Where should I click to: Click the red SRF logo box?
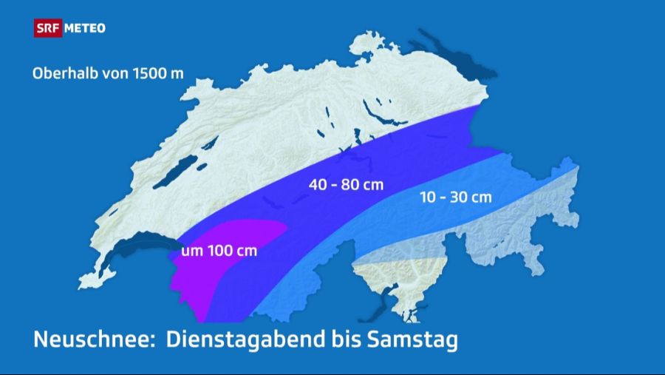(x=47, y=28)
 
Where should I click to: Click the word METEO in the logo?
(x=85, y=28)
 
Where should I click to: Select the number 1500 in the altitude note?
(x=151, y=74)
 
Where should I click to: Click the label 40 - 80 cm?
(x=346, y=184)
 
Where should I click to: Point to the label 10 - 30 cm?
(x=454, y=197)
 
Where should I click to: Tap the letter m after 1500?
(x=177, y=75)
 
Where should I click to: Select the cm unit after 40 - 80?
(x=373, y=184)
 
